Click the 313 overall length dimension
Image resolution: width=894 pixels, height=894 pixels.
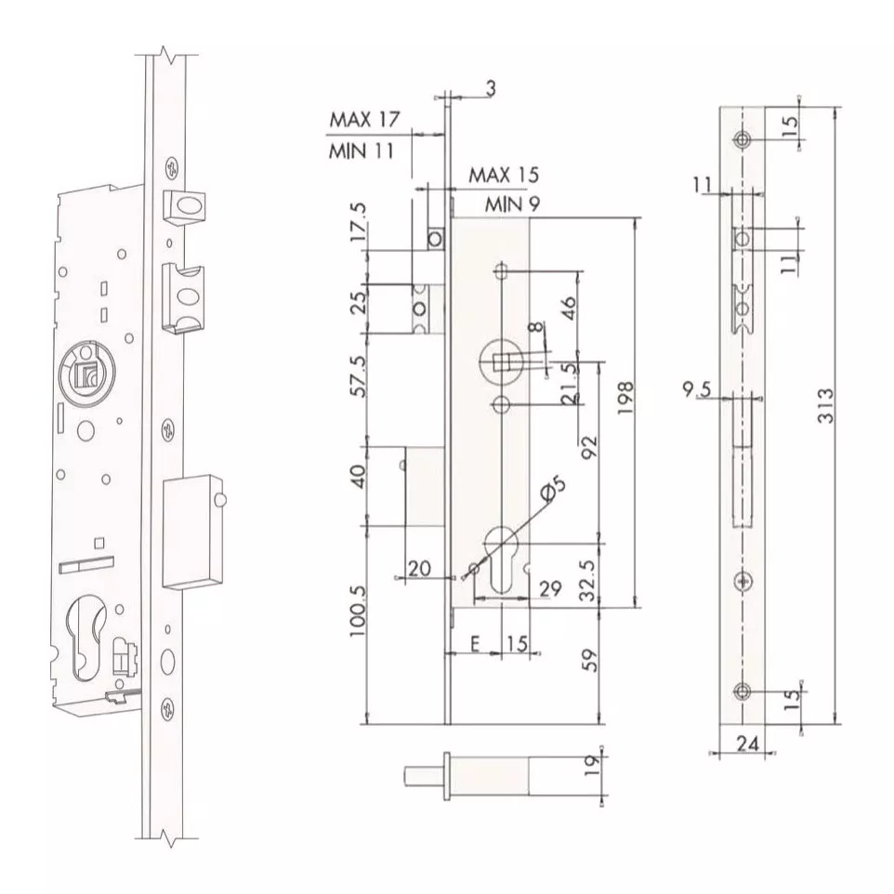tap(825, 405)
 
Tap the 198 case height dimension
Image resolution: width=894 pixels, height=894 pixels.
tap(625, 398)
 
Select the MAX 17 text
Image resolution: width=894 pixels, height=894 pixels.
tap(365, 120)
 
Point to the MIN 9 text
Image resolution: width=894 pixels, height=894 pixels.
tap(512, 204)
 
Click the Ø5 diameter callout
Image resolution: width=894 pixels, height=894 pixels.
tap(553, 490)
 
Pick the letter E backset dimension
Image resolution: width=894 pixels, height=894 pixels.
tap(475, 644)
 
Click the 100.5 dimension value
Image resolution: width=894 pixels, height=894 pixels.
tap(358, 611)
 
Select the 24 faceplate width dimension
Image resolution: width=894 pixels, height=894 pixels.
tap(747, 743)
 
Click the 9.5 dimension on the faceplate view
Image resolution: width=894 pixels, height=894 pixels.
tap(697, 390)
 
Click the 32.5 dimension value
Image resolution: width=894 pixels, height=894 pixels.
tap(588, 581)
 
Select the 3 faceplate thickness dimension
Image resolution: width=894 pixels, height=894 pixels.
tap(491, 88)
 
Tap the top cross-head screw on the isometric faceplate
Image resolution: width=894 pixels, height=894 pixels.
tap(171, 168)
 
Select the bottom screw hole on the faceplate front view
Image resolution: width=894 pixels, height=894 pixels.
tap(742, 691)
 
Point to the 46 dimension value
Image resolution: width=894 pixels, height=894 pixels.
tap(569, 308)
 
